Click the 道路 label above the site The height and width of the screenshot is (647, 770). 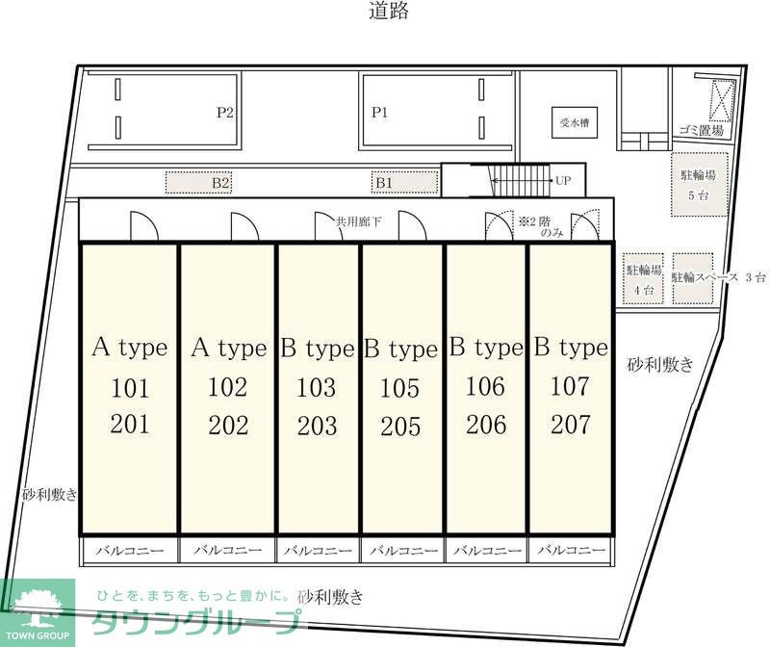(389, 13)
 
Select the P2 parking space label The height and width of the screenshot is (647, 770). (225, 113)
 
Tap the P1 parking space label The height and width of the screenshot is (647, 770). (380, 113)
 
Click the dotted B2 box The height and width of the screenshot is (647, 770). (220, 181)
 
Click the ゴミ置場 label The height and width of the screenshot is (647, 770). (702, 130)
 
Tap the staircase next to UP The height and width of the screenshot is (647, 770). (518, 180)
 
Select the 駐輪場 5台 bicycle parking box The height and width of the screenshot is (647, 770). (698, 185)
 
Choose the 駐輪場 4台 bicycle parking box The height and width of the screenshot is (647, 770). (644, 279)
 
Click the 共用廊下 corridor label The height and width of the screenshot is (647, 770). (359, 221)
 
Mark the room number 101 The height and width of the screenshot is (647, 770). (130, 389)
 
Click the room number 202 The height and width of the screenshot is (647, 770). (228, 425)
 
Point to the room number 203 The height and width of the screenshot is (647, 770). (317, 425)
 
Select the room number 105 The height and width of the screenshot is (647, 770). (400, 389)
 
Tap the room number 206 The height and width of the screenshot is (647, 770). (485, 425)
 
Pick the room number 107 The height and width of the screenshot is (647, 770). (570, 387)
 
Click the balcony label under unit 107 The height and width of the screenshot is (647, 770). (570, 551)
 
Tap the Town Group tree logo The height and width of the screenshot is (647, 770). (37, 607)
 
